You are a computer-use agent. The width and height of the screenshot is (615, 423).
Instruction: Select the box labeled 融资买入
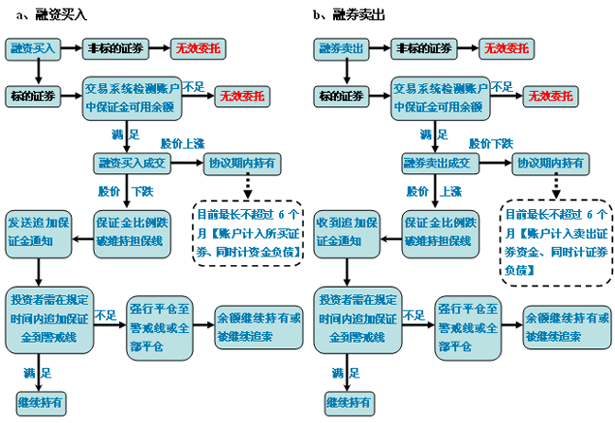pos(36,47)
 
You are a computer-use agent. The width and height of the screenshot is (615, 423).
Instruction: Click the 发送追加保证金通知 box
pos(38,230)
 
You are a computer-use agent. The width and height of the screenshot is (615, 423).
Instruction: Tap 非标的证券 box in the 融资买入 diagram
pos(114,47)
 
